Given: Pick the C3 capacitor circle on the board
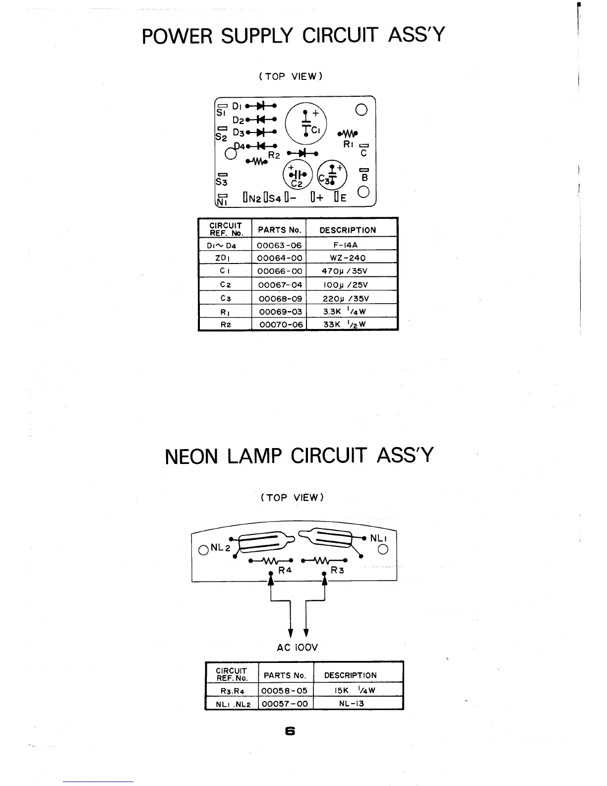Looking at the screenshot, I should point(332,175).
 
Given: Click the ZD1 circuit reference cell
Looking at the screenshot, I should point(224,258).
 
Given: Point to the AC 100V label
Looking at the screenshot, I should point(297,647).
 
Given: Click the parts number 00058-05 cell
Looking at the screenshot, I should point(284,690).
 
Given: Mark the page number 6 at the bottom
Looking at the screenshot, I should point(290,731).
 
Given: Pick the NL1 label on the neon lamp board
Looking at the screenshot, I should point(378,538).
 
